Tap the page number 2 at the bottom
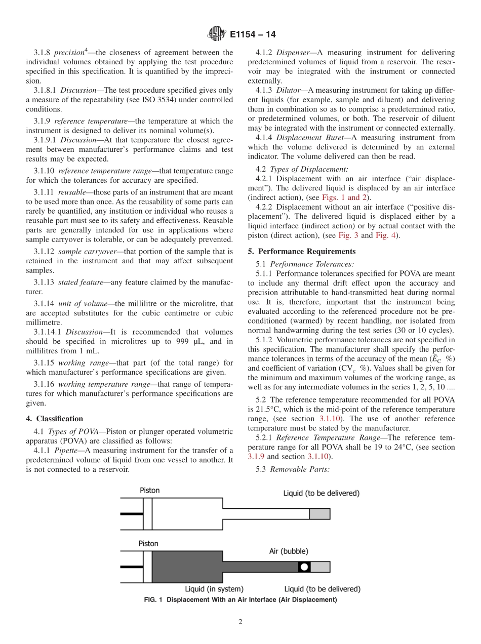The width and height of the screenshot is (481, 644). click(240, 622)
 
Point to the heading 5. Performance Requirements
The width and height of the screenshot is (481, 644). click(302, 251)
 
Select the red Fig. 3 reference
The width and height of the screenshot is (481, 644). click(348, 235)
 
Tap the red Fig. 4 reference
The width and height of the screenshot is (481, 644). click(386, 235)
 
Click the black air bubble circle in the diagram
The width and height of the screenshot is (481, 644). click(304, 567)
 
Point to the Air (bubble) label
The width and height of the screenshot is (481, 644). click(288, 551)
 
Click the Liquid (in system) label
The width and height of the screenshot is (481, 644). click(214, 589)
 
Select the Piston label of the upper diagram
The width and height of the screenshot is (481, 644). click(149, 490)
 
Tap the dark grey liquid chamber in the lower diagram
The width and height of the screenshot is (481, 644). click(187, 567)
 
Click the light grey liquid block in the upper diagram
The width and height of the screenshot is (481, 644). click(319, 514)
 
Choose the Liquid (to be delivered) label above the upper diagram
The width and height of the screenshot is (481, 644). click(321, 493)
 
